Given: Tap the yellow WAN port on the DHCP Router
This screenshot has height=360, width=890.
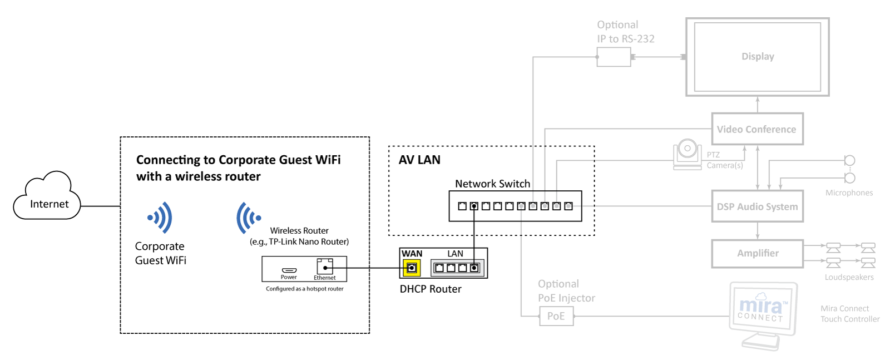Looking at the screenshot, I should point(412,268).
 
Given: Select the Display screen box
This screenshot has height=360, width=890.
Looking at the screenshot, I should point(757,57).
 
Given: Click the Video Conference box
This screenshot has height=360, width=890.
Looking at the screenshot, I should point(757,129).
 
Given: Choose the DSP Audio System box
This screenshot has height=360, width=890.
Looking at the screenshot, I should point(757,206).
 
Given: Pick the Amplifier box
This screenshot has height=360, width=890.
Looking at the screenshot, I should point(757,253).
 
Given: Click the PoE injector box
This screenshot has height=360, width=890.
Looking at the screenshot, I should point(556,316).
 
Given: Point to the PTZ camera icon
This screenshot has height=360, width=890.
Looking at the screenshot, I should point(688,154).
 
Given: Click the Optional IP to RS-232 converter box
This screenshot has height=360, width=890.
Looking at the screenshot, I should point(614,57).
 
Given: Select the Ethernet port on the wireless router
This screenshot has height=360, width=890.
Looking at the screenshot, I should point(325,267).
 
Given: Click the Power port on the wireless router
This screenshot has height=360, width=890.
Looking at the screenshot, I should point(289,270).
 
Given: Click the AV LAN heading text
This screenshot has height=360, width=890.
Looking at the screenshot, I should point(419,160).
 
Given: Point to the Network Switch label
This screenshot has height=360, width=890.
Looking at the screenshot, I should point(492,184).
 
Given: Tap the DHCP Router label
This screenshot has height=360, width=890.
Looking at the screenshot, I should point(431,289).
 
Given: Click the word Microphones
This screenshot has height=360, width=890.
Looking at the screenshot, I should point(849,193).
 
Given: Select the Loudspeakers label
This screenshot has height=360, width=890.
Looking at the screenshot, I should point(849,277).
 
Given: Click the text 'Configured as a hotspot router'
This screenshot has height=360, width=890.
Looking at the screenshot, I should point(304,289).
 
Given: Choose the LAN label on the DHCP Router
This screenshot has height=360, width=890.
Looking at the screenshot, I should point(455,254).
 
